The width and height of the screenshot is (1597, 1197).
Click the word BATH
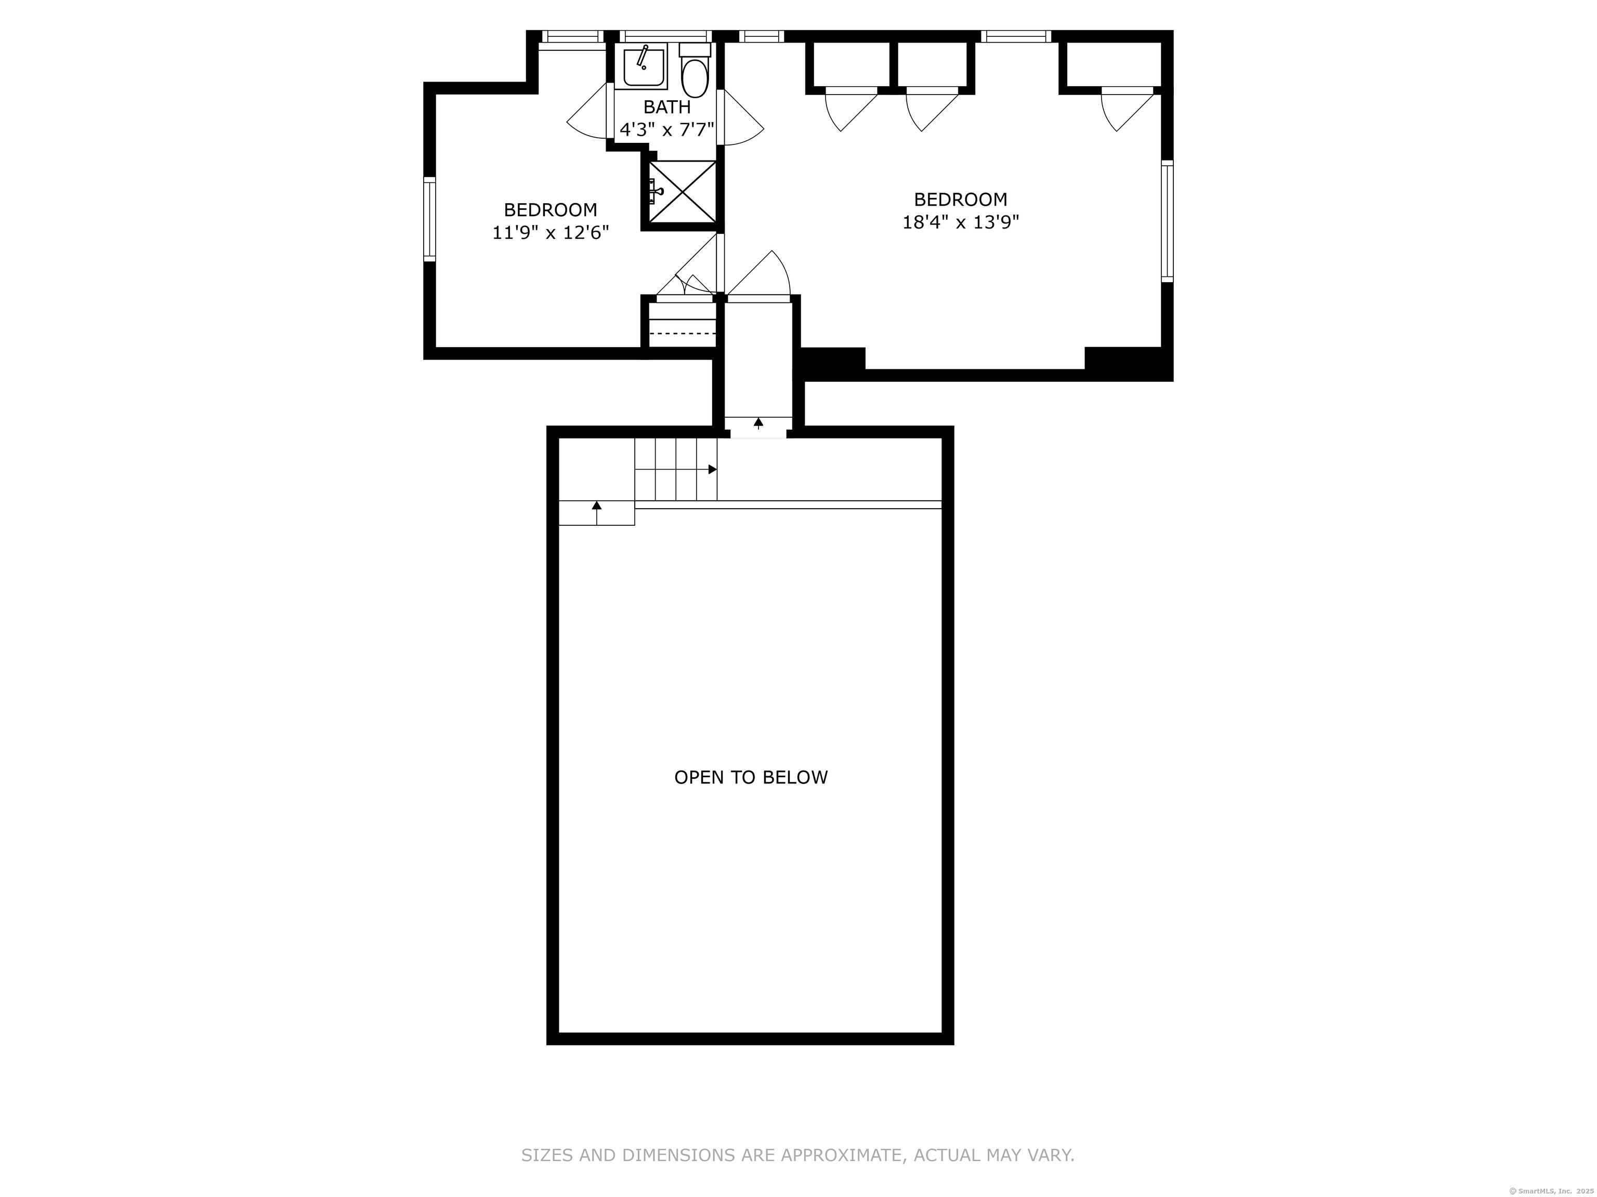pos(667,108)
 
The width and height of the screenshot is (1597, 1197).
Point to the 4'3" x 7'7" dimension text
pos(667,130)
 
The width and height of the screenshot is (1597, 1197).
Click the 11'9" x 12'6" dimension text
pos(551,232)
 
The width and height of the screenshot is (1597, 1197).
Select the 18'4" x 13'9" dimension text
pos(960,221)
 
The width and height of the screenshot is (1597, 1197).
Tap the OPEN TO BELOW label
pos(751,777)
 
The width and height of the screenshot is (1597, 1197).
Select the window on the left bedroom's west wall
pos(429,219)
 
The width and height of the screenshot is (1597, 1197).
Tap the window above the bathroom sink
pos(665,36)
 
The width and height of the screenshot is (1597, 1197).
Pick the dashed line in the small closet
pos(682,334)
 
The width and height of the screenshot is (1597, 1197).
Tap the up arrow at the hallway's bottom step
pos(758,423)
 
